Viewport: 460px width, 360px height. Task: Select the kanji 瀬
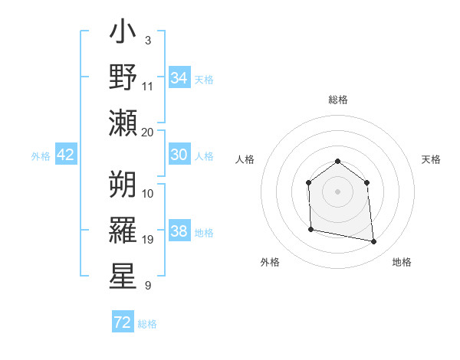(123, 123)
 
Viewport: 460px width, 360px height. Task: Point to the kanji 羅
(123, 231)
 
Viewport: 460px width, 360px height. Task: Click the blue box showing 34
(179, 77)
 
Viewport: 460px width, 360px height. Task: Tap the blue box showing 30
(179, 155)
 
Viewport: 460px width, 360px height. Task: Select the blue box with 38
(179, 231)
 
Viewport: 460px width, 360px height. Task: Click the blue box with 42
(66, 155)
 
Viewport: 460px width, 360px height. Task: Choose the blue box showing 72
(123, 322)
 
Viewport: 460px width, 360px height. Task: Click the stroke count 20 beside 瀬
(148, 132)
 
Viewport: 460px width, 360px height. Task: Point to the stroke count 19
(148, 240)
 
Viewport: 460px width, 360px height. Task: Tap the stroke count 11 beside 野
(148, 86)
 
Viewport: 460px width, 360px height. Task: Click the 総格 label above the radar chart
(337, 100)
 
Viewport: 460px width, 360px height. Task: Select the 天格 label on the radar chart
(432, 159)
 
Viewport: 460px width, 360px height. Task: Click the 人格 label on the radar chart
(245, 159)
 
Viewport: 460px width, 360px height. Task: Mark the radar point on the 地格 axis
(374, 242)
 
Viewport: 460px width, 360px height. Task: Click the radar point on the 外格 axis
(310, 229)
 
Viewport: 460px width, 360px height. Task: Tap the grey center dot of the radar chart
(337, 191)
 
